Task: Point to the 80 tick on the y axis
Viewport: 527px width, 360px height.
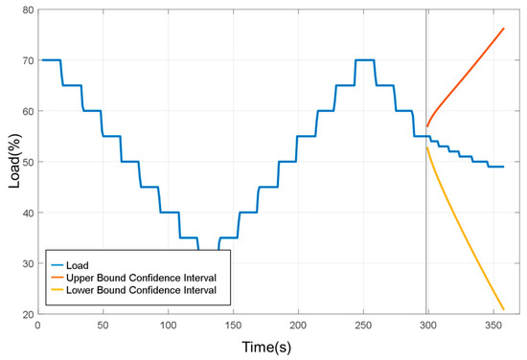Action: (25, 10)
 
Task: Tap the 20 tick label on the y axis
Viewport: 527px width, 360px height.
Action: (25, 314)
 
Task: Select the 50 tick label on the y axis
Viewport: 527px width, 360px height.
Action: (25, 162)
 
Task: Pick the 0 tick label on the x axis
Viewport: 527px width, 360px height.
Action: (37, 326)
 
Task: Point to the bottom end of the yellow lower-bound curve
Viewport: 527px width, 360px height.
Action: (503, 308)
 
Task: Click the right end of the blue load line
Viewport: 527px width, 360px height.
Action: (503, 167)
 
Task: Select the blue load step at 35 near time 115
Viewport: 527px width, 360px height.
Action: (188, 237)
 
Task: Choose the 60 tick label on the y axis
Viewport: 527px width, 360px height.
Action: (25, 111)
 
